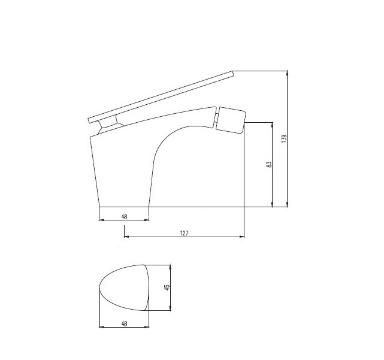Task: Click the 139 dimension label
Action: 284,138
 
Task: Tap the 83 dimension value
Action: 268,164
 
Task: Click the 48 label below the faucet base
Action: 123,216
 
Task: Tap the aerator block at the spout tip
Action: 231,120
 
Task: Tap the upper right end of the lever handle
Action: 231,74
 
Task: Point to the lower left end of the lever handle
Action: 89,118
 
